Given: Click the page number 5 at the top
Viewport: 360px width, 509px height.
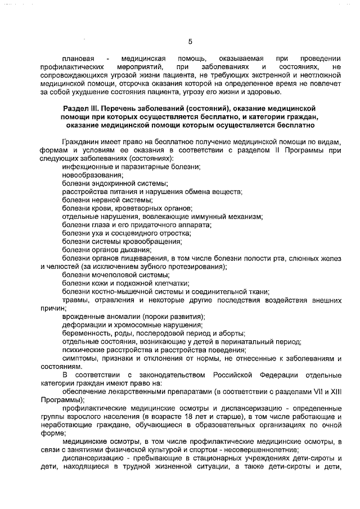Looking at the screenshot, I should coord(190,41).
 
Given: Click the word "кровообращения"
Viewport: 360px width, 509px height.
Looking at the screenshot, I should coord(152,241).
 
